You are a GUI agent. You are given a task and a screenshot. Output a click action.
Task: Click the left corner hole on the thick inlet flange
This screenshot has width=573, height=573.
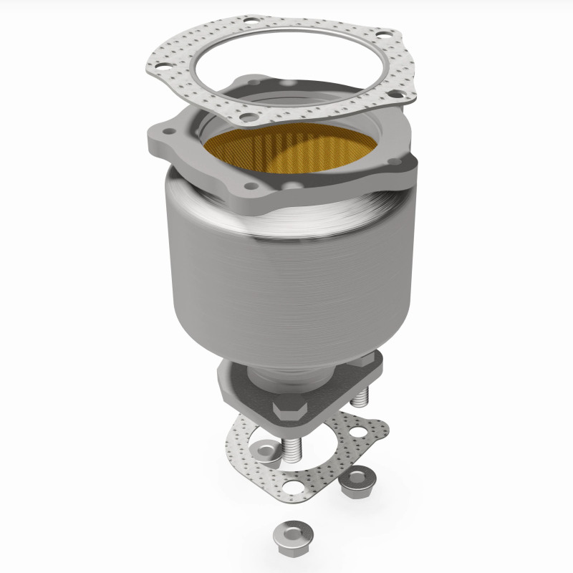[168, 133]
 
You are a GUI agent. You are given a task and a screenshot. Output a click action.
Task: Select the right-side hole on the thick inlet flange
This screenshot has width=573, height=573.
[396, 162]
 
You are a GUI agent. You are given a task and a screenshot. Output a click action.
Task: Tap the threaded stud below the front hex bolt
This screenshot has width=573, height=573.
[293, 444]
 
